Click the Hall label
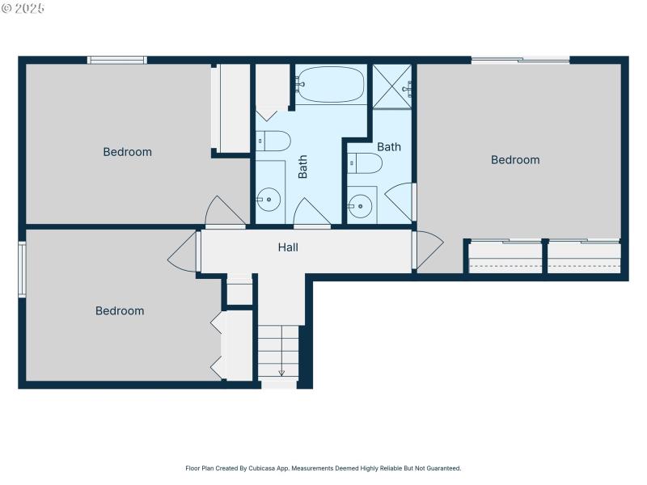click(288, 247)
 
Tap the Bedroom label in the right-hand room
click(515, 160)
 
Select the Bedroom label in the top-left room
click(127, 152)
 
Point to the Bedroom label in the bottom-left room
click(120, 311)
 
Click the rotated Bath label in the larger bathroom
click(303, 167)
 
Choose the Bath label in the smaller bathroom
click(389, 147)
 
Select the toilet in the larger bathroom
click(273, 141)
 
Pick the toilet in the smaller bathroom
click(364, 164)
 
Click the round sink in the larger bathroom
click(269, 199)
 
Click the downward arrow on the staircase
click(281, 372)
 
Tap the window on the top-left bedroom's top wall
click(117, 60)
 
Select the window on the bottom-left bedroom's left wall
click(23, 269)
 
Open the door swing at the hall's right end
click(428, 249)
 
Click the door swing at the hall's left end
click(184, 252)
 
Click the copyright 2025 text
click(23, 7)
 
